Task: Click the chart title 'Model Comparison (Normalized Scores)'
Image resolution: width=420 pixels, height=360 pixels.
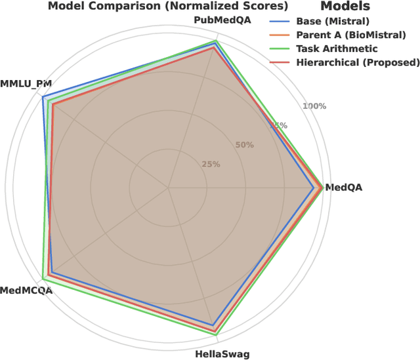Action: point(167,7)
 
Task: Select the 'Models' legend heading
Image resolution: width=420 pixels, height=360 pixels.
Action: point(345,7)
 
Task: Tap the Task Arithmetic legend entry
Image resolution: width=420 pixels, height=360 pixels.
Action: point(337,49)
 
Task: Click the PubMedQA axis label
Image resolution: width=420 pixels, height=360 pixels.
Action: point(217,21)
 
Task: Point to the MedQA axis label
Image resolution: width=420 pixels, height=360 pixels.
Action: point(343,188)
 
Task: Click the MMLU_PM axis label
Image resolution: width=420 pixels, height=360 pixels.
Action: point(26,84)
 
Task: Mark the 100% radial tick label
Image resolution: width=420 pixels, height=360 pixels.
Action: point(313,106)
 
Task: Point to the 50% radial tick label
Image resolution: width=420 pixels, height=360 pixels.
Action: point(244,145)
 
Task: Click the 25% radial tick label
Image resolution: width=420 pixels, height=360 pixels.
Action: point(211,164)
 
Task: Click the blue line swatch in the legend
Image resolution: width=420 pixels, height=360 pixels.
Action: point(280,21)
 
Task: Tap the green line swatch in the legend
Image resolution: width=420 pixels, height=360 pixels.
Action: point(280,49)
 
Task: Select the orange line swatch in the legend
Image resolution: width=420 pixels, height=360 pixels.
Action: point(280,35)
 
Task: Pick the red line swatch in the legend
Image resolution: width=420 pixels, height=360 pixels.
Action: point(280,63)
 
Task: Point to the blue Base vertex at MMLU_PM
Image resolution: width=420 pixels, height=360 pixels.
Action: point(43,98)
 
